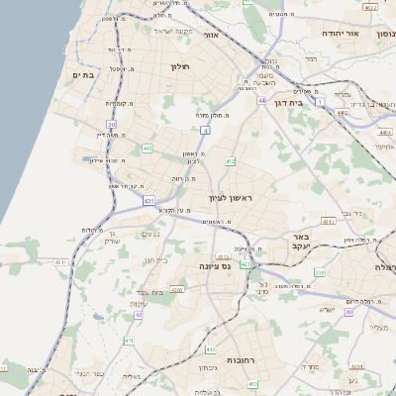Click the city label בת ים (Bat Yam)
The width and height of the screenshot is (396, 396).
point(82,74)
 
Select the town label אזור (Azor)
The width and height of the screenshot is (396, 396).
point(210,36)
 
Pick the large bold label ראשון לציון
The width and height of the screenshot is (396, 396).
point(231,198)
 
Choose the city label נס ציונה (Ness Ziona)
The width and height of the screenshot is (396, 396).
point(214,267)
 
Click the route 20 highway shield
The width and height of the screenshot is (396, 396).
point(111,125)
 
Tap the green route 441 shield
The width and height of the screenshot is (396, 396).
point(147,148)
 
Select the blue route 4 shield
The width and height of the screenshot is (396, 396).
point(204,130)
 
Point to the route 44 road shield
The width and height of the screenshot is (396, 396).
point(261,101)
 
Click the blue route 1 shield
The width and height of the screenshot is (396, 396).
point(320,101)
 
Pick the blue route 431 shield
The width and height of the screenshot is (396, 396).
point(148,201)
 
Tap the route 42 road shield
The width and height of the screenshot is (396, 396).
point(139,315)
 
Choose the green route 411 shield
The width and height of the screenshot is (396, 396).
point(128,341)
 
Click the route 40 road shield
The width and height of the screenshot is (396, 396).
point(348,313)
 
